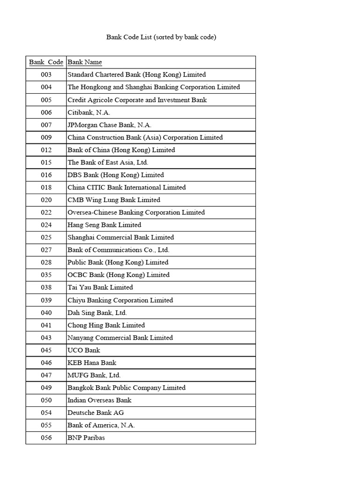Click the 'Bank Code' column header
click(x=46, y=62)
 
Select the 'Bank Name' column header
click(x=85, y=62)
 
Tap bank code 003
click(x=46, y=75)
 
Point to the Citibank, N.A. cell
click(x=89, y=112)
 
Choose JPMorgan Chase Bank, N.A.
click(x=110, y=125)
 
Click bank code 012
click(x=46, y=150)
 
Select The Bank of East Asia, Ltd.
click(x=108, y=163)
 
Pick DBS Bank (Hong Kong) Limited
click(x=116, y=175)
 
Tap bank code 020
click(x=46, y=200)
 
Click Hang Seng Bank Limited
click(x=104, y=225)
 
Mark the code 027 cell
click(x=46, y=250)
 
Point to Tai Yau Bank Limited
click(x=100, y=287)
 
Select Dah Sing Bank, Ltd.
click(x=97, y=313)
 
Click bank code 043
click(x=46, y=337)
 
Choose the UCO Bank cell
click(x=84, y=350)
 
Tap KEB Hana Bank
click(x=92, y=363)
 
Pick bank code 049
click(x=46, y=388)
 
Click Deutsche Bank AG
click(x=96, y=413)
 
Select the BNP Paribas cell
click(x=86, y=438)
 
